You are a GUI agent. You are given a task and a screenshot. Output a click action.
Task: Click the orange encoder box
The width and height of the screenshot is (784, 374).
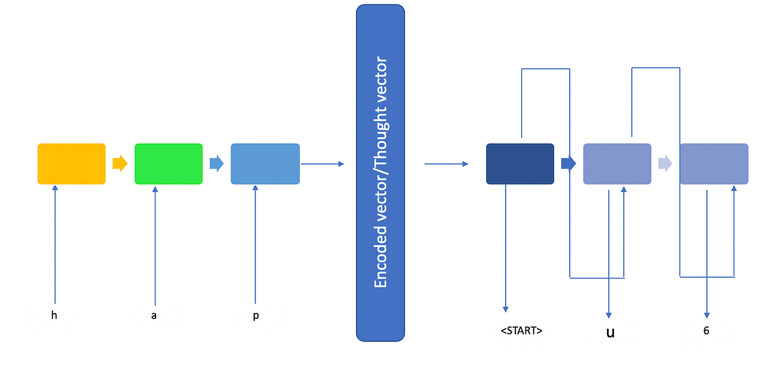coord(71,163)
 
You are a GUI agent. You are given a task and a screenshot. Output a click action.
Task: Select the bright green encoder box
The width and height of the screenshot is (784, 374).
coord(169,163)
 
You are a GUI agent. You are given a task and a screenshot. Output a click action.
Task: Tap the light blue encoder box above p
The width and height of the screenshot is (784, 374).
coord(265,163)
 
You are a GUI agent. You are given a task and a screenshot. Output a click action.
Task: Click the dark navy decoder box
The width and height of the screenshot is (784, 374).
coord(520,163)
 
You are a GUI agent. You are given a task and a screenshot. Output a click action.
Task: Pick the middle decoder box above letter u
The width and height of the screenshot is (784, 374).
coord(617,163)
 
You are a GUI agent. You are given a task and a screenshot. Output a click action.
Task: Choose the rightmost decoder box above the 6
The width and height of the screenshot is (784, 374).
coord(713,163)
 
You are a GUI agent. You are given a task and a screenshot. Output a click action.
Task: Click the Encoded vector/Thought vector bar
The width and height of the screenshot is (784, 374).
coord(380,173)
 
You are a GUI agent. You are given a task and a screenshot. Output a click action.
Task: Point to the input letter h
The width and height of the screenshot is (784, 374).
coord(54,315)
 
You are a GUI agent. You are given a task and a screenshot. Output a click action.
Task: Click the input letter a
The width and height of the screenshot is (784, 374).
coord(154,315)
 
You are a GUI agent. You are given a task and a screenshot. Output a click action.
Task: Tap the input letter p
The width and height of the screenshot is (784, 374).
coord(255,315)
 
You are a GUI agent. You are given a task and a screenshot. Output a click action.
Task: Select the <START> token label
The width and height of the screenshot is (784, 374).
coord(521,331)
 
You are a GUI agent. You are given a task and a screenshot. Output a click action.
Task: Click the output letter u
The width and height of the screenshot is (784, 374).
coord(610,332)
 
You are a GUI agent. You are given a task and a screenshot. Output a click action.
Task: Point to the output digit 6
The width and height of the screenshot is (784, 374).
coord(706,331)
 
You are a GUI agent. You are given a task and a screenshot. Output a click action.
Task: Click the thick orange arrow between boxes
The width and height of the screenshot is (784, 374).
coord(120,163)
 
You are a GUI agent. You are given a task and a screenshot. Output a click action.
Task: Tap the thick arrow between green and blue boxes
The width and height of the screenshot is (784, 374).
coord(216,163)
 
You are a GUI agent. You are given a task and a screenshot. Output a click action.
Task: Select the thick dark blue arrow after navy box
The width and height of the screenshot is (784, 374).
coord(568,163)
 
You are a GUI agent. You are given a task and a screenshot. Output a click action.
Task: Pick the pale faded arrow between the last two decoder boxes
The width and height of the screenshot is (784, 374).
coord(665,163)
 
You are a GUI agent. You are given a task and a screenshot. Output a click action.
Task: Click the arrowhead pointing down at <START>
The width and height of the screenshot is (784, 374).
coord(506,309)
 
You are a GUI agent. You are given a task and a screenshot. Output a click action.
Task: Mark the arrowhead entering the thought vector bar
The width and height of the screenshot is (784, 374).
coord(341,163)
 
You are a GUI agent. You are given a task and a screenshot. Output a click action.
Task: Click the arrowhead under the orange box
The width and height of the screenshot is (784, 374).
coord(55,188)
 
